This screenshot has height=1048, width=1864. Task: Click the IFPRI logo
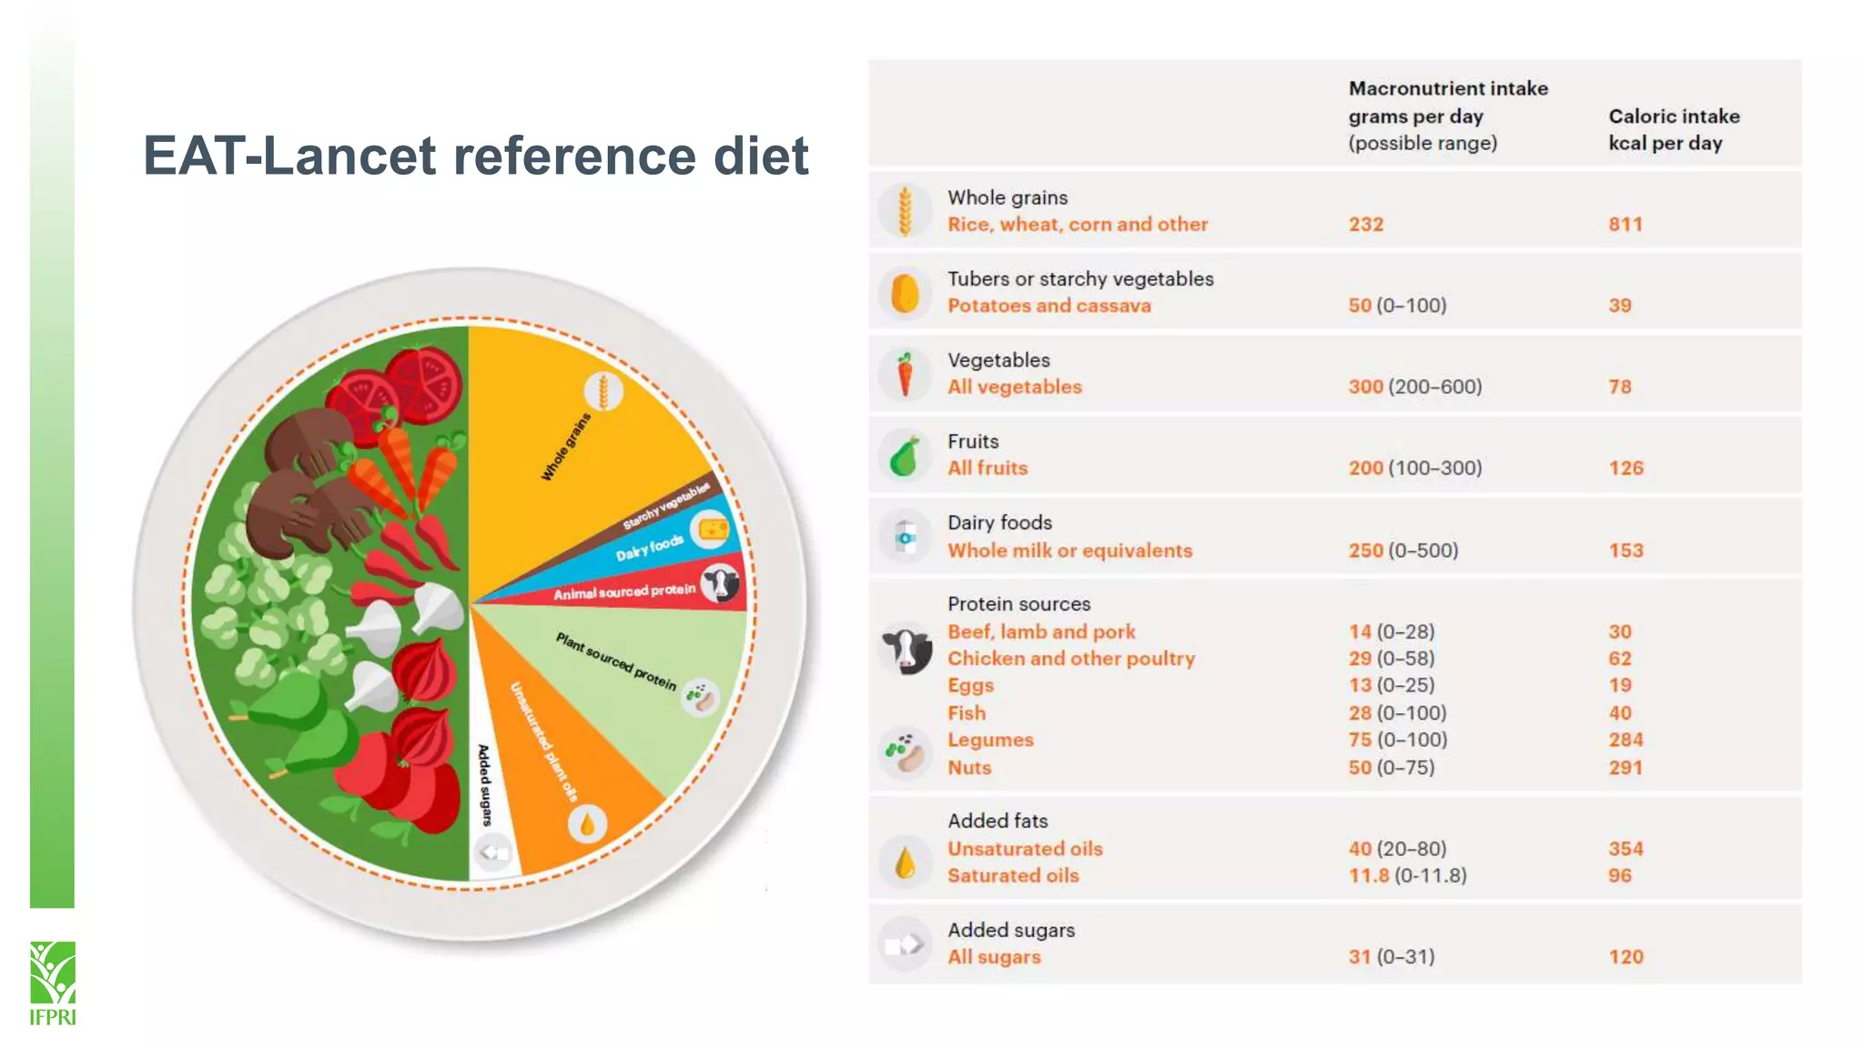tap(52, 982)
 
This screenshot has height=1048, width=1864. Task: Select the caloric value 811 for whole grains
tap(1625, 225)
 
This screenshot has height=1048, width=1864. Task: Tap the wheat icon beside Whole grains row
tap(905, 211)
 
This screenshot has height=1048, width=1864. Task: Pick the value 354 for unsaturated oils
tap(1625, 849)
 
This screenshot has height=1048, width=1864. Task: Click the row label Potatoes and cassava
tap(1048, 306)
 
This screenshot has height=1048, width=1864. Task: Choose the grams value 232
tap(1365, 225)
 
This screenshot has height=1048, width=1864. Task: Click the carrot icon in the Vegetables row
tap(905, 374)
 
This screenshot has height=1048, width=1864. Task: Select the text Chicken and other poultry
tap(1070, 659)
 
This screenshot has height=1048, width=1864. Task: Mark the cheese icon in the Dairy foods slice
tap(711, 529)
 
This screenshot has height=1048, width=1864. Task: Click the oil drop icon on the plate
tap(587, 824)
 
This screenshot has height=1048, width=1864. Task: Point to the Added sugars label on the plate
tap(485, 784)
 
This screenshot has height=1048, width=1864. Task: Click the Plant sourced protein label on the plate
tap(616, 661)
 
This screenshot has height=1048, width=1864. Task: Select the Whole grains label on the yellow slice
tap(565, 446)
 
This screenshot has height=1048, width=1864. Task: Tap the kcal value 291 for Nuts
tap(1625, 768)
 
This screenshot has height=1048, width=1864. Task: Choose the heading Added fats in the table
tap(998, 821)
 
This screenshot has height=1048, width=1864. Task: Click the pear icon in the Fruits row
tap(905, 456)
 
